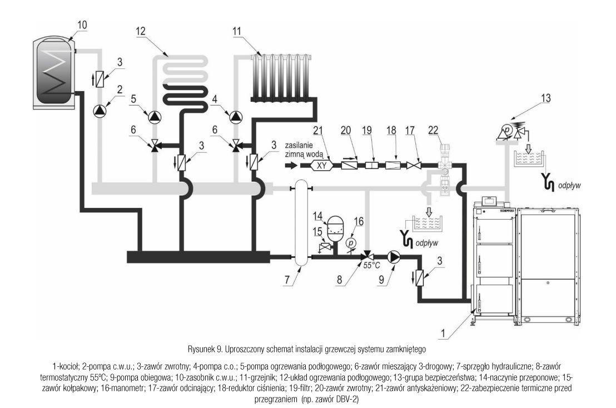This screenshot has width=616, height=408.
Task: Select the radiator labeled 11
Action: click(x=283, y=78)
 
